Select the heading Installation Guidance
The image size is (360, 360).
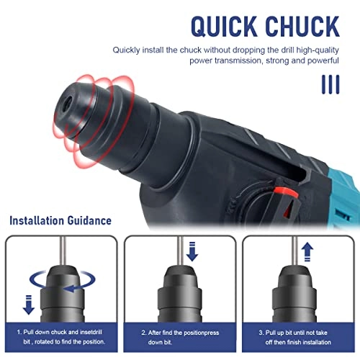click(60, 220)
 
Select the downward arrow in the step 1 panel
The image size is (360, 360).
click(30, 305)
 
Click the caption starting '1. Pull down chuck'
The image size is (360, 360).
click(61, 336)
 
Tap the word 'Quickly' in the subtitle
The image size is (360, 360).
click(128, 50)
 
